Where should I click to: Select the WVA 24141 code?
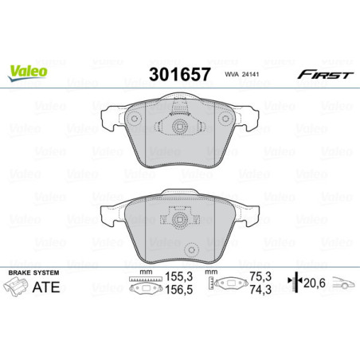242,75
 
